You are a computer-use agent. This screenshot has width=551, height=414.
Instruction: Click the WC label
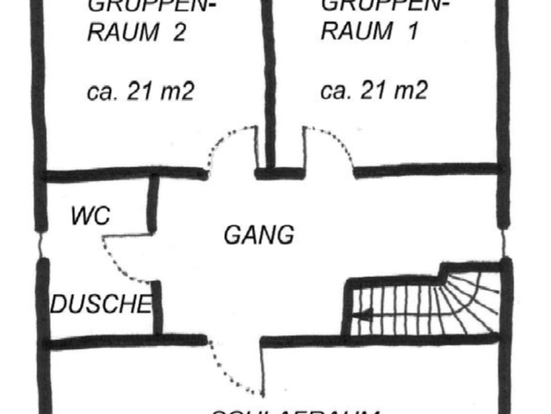pos(90,216)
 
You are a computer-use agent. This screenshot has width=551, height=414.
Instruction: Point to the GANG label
pos(259,235)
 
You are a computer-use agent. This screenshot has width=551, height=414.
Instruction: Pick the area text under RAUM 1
pos(374,91)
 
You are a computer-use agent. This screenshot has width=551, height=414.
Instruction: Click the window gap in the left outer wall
pos(39,244)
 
